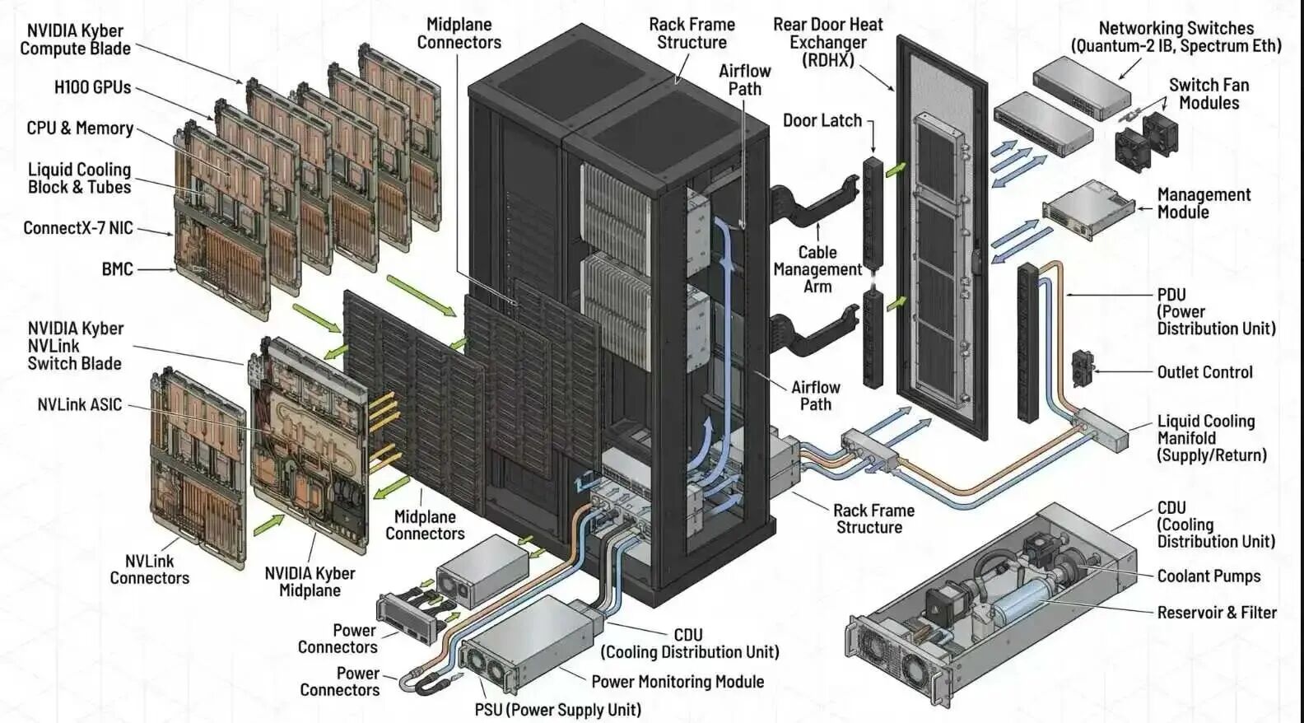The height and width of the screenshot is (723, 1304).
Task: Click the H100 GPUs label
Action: pos(92,87)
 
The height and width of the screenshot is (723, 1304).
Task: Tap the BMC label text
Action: pos(117,269)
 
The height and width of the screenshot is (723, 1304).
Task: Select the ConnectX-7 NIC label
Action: pos(77,228)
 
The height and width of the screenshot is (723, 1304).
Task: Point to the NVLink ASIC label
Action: pos(79,404)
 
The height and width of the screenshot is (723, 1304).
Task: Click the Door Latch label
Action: pos(822,121)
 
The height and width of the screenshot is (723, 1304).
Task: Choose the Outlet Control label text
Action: pos(1204,372)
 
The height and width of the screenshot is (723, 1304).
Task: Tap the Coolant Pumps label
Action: pos(1208,576)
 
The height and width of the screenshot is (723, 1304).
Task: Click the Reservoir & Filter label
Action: pos(1216,613)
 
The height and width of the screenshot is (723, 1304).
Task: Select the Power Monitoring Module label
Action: pos(677,682)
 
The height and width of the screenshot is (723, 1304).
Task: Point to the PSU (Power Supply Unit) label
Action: pos(557,710)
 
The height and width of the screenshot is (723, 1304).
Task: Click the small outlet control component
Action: pos(1082,367)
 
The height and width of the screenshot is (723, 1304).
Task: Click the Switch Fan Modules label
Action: pos(1208,94)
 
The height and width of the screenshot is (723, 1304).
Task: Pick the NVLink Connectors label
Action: pos(149,570)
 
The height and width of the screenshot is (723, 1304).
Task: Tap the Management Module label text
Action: pos(1203,203)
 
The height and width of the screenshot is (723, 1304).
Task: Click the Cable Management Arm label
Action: pos(817,269)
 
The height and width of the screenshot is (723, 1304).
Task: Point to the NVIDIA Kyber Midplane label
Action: pos(310,582)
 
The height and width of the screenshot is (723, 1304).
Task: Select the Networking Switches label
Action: pos(1175,37)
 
